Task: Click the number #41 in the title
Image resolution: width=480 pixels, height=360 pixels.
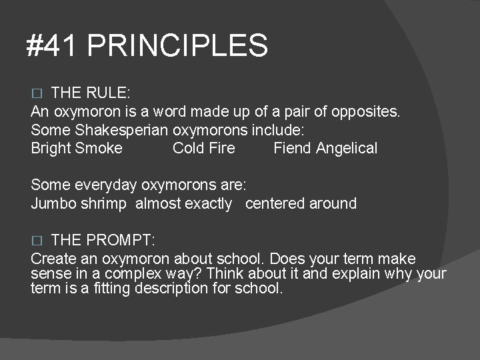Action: pyautogui.click(x=53, y=47)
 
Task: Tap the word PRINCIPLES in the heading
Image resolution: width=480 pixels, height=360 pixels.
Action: pyautogui.click(x=177, y=47)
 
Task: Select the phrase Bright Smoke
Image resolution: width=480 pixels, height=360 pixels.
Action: pyautogui.click(x=77, y=148)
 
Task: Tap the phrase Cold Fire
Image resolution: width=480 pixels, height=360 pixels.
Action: pyautogui.click(x=203, y=148)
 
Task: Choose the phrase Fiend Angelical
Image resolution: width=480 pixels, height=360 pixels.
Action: pyautogui.click(x=325, y=148)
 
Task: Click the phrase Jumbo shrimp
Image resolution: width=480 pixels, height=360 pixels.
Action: pyautogui.click(x=78, y=203)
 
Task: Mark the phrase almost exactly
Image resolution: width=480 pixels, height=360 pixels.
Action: pyautogui.click(x=183, y=203)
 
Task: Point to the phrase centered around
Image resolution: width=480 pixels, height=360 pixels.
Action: pyautogui.click(x=301, y=203)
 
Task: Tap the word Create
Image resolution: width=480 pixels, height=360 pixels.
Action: pyautogui.click(x=53, y=258)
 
